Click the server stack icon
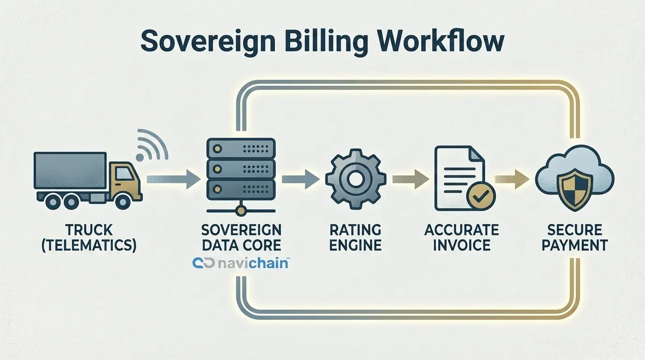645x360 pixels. tap(240, 168)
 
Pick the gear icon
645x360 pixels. tap(355, 178)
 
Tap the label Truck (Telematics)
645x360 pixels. tap(89, 237)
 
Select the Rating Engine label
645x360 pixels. tap(355, 237)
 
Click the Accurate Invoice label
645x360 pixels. tap(462, 237)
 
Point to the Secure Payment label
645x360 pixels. tap(574, 237)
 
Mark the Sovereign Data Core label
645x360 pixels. tap(241, 237)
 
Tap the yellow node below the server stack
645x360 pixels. tap(240, 211)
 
